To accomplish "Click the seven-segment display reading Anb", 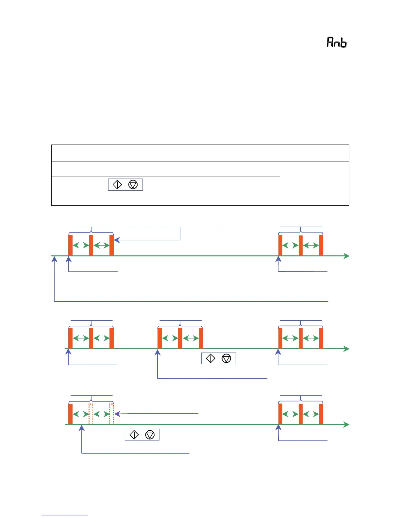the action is coord(337,42).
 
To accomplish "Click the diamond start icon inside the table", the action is coord(117,185).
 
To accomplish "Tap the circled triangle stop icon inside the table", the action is coord(133,185).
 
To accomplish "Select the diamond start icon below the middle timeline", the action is coord(211,359).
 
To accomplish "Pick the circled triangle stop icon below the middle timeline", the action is coord(226,359).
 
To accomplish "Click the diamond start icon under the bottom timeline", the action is coord(134,435).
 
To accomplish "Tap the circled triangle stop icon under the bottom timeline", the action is coord(150,435).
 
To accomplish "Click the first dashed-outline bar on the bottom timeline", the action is coord(91,414).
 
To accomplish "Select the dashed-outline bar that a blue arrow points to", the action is coord(111,414).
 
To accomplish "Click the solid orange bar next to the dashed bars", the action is coord(70,414).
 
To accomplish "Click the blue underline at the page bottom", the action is coord(65,515).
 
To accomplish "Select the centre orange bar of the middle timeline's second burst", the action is coord(180,338).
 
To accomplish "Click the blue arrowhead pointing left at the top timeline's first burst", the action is coord(116,240).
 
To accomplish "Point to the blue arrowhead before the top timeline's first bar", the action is coord(55,259).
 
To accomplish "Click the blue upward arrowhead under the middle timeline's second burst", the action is coord(158,352).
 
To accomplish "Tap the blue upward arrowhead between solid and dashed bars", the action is coord(82,428).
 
